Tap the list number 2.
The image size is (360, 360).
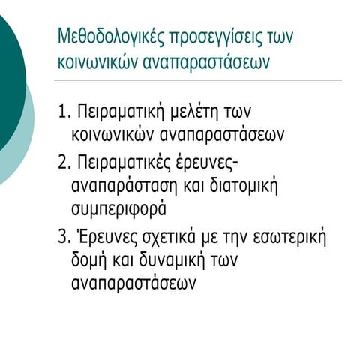[64, 163]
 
